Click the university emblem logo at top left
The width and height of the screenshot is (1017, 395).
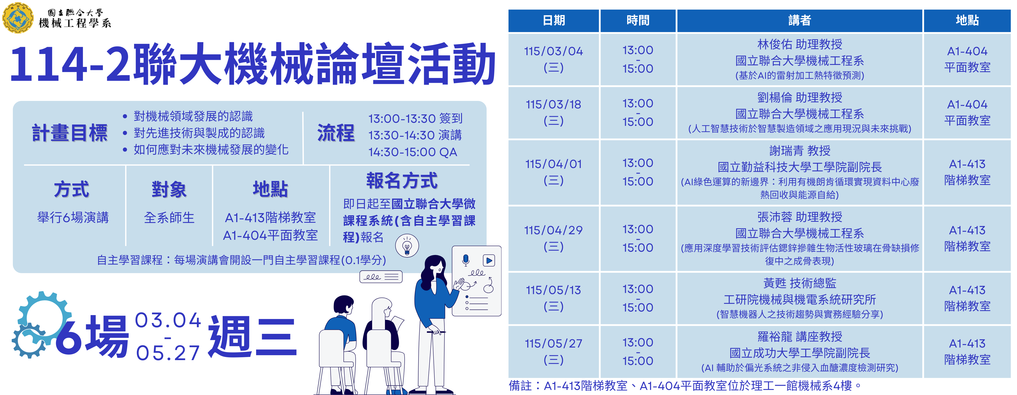tap(18, 18)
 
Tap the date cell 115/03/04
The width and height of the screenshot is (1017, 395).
tap(554, 51)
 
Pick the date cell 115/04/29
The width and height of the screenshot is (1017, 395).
tap(554, 230)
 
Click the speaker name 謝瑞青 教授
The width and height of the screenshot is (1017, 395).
tap(800, 151)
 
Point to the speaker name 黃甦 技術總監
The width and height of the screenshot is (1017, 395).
tap(800, 283)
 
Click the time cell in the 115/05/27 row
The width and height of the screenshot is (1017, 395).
tap(638, 352)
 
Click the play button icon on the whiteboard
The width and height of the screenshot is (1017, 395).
tap(489, 260)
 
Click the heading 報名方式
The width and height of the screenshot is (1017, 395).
tap(402, 181)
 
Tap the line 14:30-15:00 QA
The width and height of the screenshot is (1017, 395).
tap(413, 152)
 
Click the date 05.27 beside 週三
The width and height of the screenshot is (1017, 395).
tap(168, 353)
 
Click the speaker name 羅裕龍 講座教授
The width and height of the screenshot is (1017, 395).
tap(800, 336)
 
